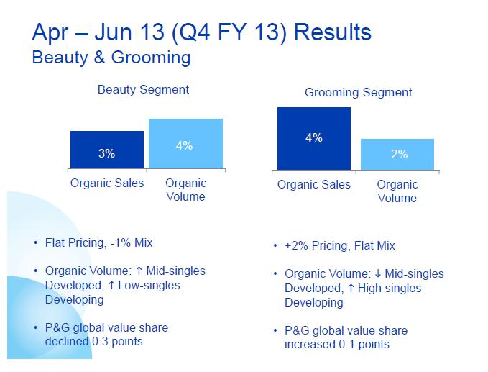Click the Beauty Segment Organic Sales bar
(x=107, y=150)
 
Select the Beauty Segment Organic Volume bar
(x=185, y=144)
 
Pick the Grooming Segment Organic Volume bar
(x=397, y=154)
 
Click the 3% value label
(x=107, y=153)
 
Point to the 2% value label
(x=399, y=154)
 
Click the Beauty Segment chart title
(x=144, y=90)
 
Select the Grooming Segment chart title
(x=359, y=92)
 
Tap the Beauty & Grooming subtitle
(x=111, y=58)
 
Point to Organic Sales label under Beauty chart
(x=107, y=183)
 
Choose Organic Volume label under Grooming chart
(x=397, y=191)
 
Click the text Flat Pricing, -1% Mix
(x=103, y=242)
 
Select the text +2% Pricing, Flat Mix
(x=339, y=245)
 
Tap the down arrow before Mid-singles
(x=377, y=274)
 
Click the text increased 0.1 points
(x=337, y=344)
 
